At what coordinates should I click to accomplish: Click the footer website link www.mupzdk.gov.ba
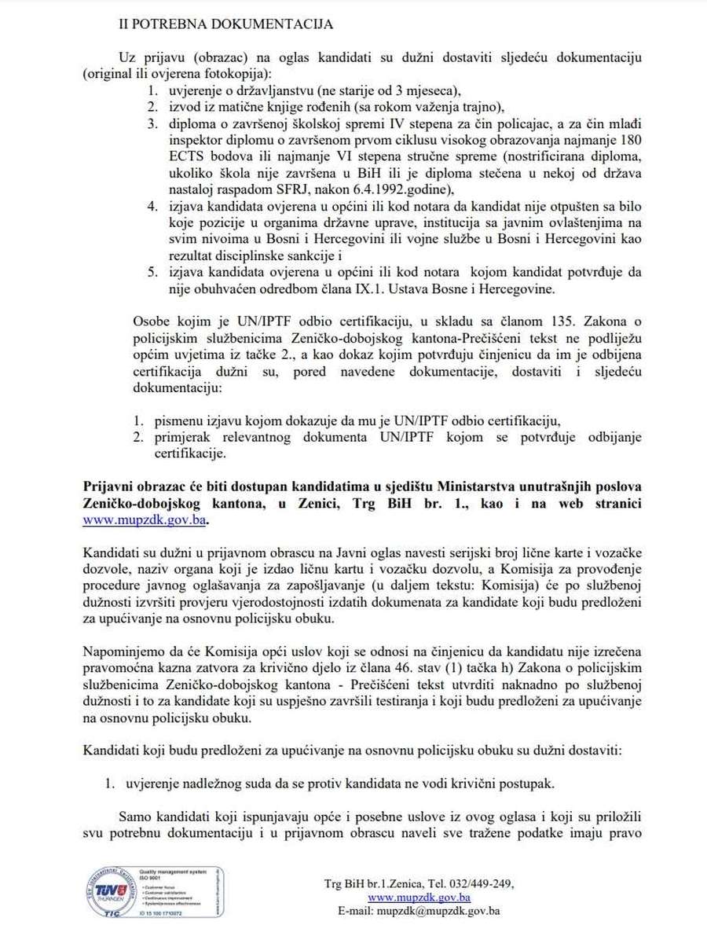point(419,897)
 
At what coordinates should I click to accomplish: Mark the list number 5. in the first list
point(154,273)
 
